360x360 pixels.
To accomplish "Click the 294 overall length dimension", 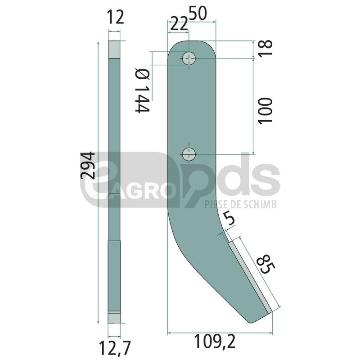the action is click(x=87, y=165).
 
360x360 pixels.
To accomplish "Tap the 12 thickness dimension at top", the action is click(x=116, y=18).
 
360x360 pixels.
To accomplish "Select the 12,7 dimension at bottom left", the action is click(x=115, y=348).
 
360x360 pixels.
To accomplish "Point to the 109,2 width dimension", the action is click(x=215, y=342).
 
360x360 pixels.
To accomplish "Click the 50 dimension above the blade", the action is click(x=198, y=13).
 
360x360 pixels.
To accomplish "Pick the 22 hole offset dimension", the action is click(x=179, y=25).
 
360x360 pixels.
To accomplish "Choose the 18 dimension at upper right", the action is click(x=265, y=48).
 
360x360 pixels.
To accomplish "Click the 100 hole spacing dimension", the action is click(x=265, y=111).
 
